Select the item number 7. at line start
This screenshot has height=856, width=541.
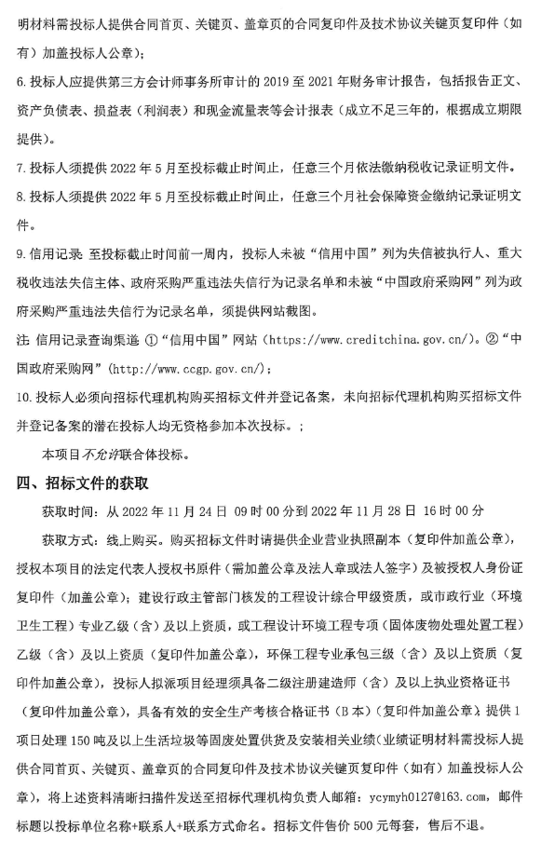[22, 169]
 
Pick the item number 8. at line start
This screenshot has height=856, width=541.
[22, 197]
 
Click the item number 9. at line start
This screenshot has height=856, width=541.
[22, 253]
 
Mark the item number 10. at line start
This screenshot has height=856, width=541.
[25, 397]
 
